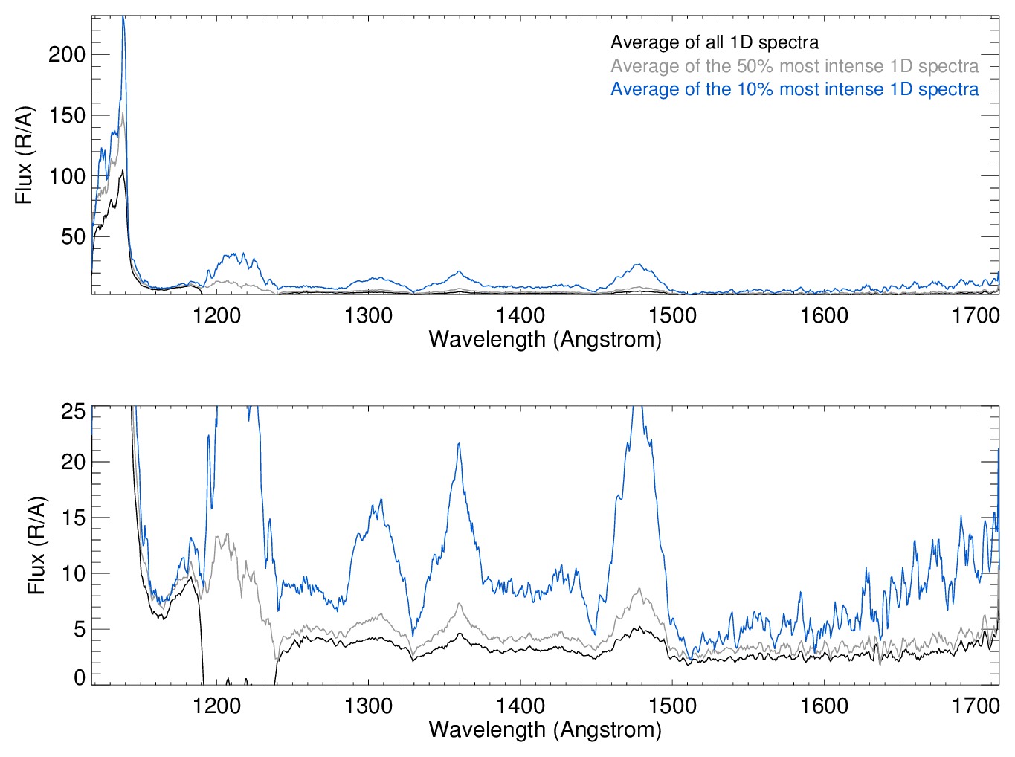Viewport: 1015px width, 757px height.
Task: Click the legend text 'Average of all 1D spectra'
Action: tap(714, 43)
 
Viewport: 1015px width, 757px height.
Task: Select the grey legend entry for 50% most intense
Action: tap(794, 66)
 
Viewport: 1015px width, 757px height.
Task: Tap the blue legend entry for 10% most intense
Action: tap(794, 89)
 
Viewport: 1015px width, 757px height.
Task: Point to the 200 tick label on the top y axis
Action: tap(67, 54)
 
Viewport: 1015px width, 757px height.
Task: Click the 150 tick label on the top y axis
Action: tap(67, 115)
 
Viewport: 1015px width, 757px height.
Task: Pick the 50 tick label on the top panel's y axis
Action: tap(73, 236)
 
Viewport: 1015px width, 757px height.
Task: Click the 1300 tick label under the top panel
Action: tap(368, 315)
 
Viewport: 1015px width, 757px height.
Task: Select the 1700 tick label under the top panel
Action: tap(976, 315)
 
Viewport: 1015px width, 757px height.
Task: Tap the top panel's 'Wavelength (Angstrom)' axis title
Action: tap(545, 339)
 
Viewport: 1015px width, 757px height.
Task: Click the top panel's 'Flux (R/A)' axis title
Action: tap(25, 155)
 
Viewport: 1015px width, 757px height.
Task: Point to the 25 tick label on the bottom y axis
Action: tap(73, 411)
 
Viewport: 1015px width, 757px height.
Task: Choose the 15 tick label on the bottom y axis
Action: tap(73, 518)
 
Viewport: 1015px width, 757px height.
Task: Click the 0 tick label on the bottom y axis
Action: tap(79, 677)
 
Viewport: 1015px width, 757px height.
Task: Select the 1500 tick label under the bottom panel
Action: tap(672, 706)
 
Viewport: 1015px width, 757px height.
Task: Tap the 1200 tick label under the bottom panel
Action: tap(216, 706)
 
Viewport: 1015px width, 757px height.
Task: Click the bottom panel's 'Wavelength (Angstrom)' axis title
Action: tap(545, 729)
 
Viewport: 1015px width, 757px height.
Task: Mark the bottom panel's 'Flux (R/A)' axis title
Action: tap(36, 545)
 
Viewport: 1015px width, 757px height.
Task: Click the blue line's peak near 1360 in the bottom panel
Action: tap(459, 444)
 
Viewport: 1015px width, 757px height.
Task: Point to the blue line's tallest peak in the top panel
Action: tap(123, 18)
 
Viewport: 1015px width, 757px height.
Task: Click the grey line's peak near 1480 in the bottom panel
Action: tap(639, 589)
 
